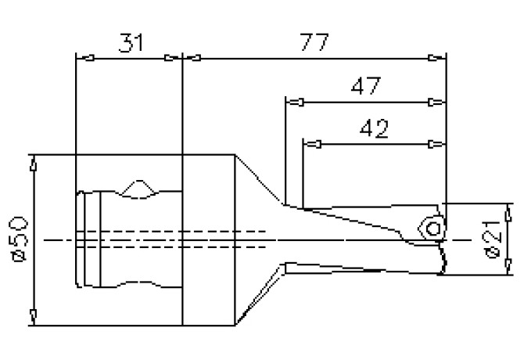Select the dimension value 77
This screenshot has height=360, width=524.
(314, 42)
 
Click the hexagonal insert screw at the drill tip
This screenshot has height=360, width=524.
(431, 227)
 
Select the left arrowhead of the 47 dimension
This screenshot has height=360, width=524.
(296, 102)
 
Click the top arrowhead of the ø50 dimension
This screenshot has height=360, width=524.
(34, 164)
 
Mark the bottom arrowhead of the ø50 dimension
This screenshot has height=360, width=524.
(34, 315)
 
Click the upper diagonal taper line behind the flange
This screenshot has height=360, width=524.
(259, 179)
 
